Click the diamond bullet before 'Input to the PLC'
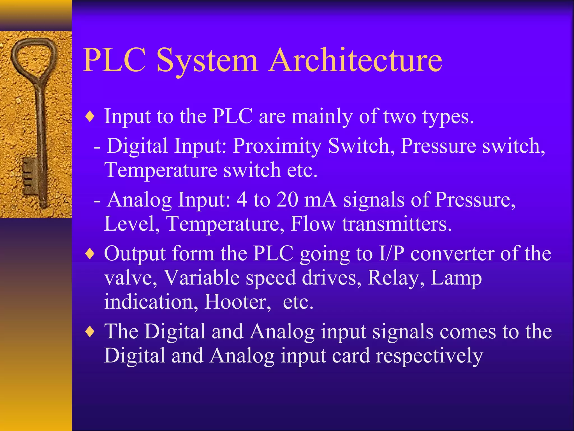(90, 117)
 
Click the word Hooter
(238, 302)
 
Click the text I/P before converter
(392, 254)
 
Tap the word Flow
(313, 224)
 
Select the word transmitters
(397, 224)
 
